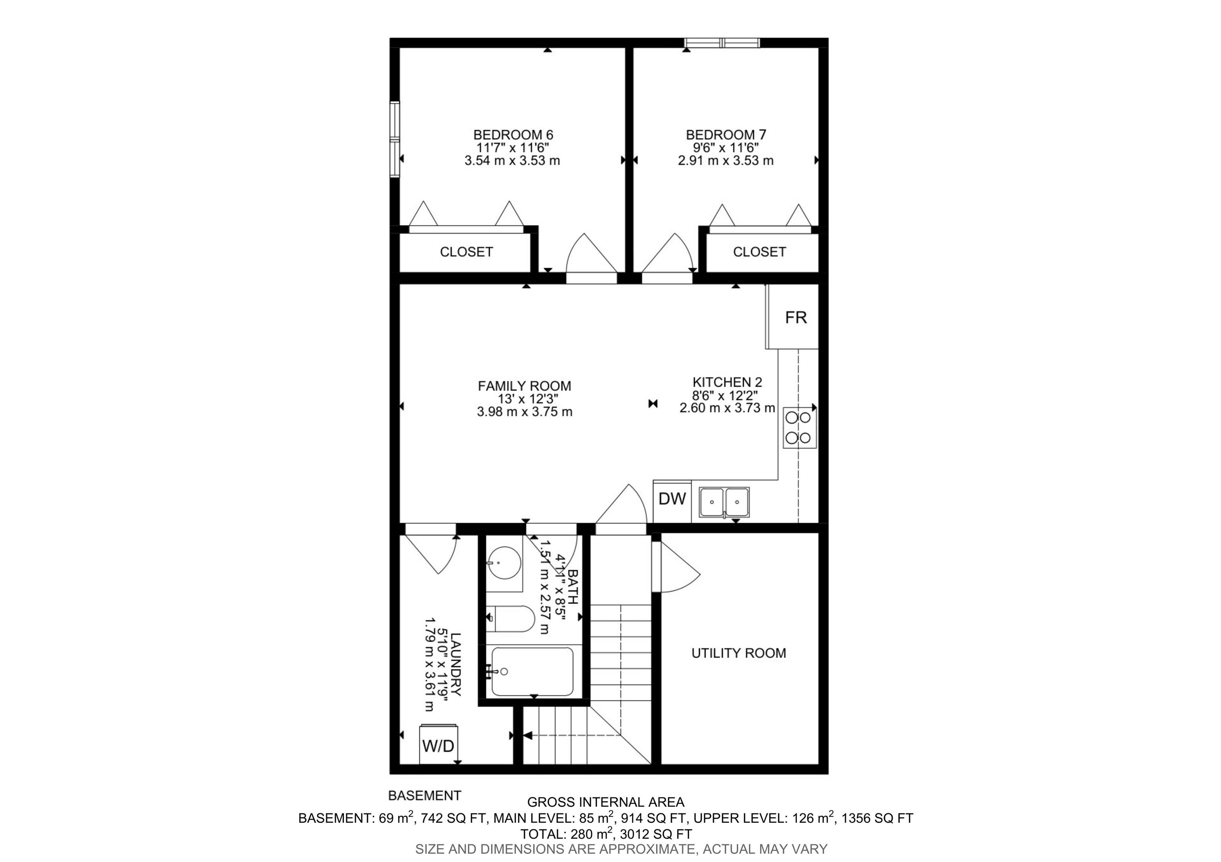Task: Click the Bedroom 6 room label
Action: [x=513, y=135]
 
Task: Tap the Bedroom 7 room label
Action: [x=725, y=135]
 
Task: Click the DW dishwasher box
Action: [x=672, y=499]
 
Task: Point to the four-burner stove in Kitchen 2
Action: [x=800, y=428]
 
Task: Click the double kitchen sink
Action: [x=724, y=502]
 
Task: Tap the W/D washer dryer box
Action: [x=438, y=746]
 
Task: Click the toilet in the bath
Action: [x=512, y=618]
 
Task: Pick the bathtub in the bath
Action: [x=532, y=672]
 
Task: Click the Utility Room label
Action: [x=738, y=653]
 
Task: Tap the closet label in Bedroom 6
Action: [x=466, y=252]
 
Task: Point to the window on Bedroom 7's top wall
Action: [x=722, y=43]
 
